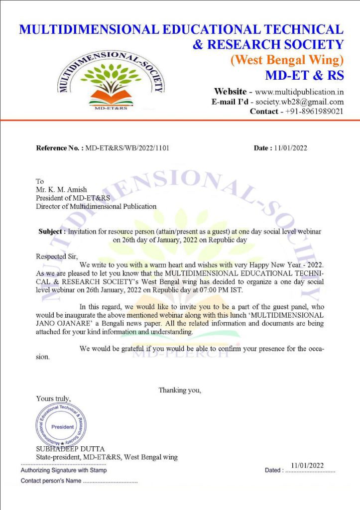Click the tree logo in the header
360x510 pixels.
tap(111, 79)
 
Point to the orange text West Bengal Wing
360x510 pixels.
tap(286, 60)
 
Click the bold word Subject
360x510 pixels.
tap(52, 232)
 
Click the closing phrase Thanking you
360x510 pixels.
tap(180, 390)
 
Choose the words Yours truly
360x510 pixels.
tap(53, 398)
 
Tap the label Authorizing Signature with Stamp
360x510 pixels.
tap(64, 470)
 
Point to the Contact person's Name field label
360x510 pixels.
tap(51, 481)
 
